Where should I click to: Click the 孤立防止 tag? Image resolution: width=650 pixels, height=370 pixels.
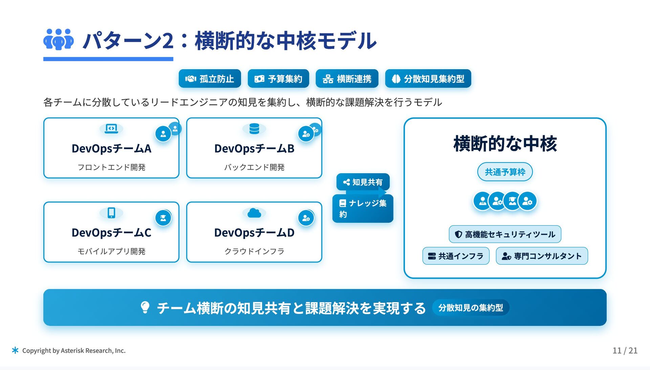coord(210,79)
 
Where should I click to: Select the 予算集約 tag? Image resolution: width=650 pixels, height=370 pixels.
coord(278,79)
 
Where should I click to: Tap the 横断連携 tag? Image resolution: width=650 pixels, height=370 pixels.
coord(347,79)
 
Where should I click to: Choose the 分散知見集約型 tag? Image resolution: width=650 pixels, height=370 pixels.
coord(428,79)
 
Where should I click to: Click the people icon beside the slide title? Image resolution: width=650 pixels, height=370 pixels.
coord(59,39)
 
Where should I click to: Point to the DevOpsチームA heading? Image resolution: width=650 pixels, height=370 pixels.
coord(111,149)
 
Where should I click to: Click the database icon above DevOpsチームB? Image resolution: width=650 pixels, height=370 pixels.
coord(254,129)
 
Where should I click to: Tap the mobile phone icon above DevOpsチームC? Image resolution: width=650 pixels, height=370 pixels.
coord(111,213)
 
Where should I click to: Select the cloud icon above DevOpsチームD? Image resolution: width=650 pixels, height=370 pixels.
coord(254,213)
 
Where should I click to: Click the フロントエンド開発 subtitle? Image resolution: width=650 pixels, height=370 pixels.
coord(111,167)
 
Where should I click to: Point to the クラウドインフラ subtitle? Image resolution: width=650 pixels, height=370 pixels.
coord(254,251)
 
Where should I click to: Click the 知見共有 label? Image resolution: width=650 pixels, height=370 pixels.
coord(363,182)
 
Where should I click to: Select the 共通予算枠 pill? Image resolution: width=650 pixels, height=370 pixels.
coord(505,172)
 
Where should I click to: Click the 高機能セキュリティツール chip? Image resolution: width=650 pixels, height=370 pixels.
coord(505,234)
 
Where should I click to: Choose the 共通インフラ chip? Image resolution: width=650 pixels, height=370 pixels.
coord(456,256)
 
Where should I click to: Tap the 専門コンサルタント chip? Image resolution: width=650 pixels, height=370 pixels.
coord(542,256)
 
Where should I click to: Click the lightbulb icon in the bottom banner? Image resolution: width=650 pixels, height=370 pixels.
coord(145,307)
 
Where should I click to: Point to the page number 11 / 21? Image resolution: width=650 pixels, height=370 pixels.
coord(625,350)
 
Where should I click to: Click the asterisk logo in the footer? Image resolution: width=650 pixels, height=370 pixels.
coord(15,350)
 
